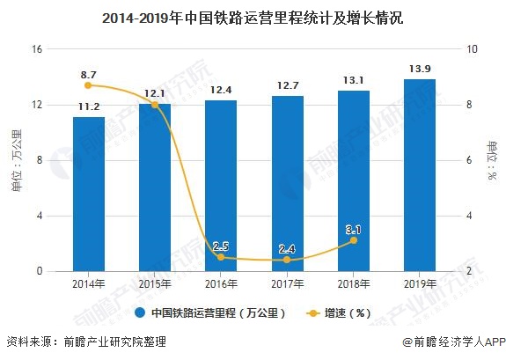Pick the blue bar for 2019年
[x=419, y=175]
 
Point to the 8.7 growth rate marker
[x=88, y=85]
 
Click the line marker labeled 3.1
[x=353, y=239]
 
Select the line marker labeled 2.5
[x=221, y=257]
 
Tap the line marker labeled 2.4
[x=287, y=260]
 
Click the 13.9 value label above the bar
[x=419, y=68]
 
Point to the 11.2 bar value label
[x=88, y=107]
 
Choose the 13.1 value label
[x=353, y=79]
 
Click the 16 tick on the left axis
[x=38, y=49]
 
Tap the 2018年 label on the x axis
[x=353, y=284]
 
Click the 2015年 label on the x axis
[x=155, y=284]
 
